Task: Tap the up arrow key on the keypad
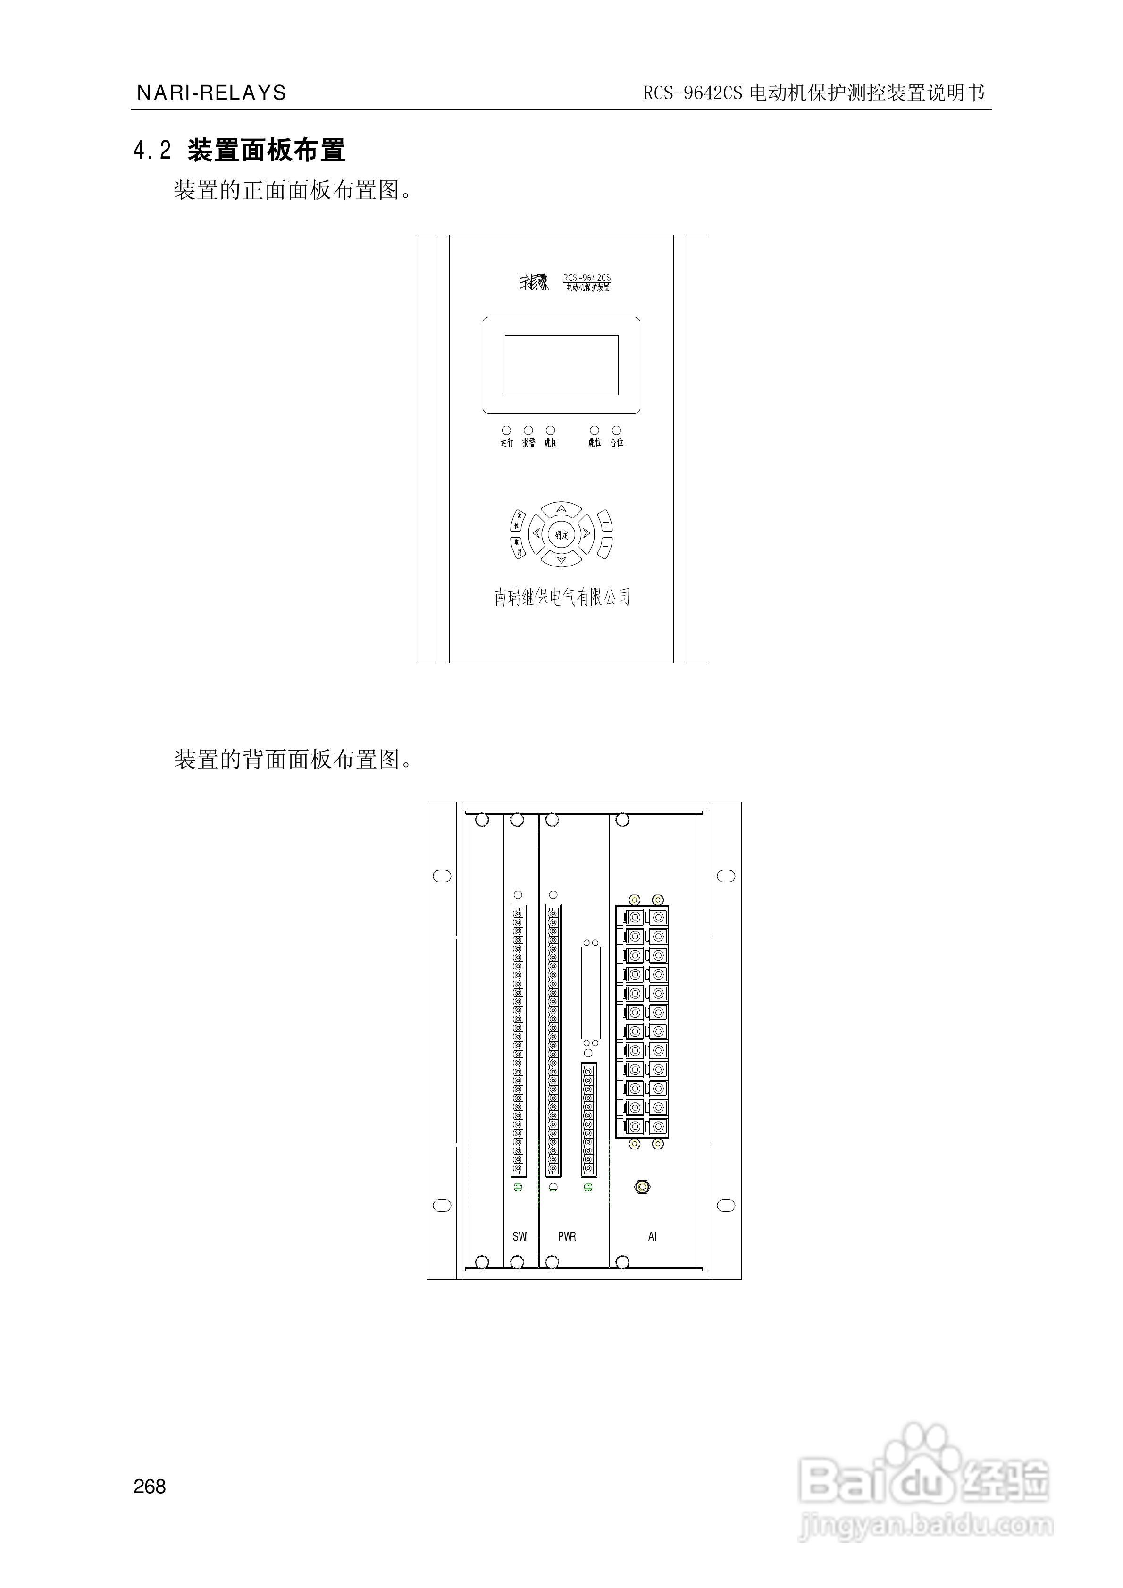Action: tap(561, 509)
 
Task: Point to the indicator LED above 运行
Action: tap(506, 430)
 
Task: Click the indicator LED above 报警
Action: tap(528, 430)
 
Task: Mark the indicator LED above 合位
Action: tap(616, 430)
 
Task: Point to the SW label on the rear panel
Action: tap(520, 1236)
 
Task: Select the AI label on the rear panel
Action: tap(652, 1236)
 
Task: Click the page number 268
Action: tap(150, 1487)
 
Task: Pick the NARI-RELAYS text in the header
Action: tap(211, 93)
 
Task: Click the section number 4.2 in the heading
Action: tap(152, 150)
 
